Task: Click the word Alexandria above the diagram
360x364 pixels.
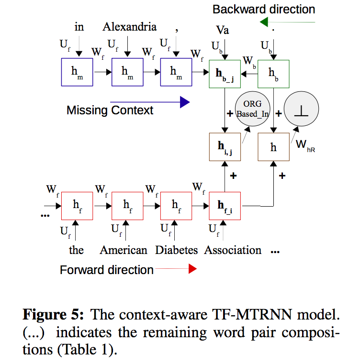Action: tap(129, 27)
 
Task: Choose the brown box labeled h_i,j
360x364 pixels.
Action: tap(225, 146)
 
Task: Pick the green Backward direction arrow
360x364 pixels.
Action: tap(287, 22)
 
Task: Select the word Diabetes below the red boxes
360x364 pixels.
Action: tap(176, 250)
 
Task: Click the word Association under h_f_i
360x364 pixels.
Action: tap(233, 250)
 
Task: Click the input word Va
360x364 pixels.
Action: tap(223, 31)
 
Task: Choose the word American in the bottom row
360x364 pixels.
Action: tap(124, 250)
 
